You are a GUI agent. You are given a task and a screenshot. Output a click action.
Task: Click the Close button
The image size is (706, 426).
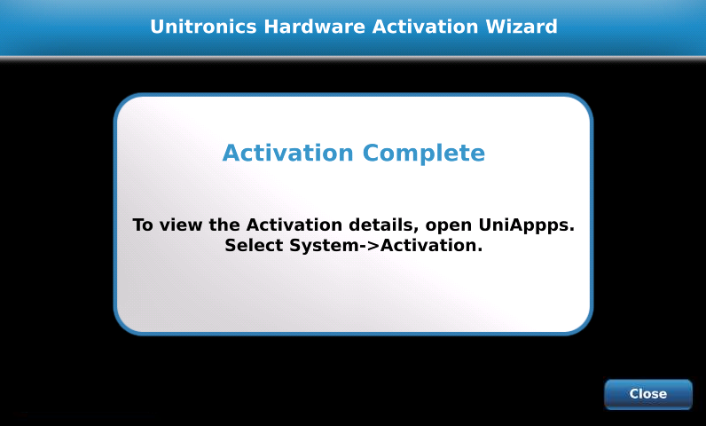[x=648, y=394]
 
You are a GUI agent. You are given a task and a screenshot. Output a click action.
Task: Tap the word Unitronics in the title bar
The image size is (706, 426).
[x=203, y=27]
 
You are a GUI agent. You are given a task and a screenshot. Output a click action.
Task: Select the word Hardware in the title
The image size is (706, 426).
[x=315, y=27]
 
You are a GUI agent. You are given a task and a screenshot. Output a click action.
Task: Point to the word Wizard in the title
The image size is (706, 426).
[x=522, y=27]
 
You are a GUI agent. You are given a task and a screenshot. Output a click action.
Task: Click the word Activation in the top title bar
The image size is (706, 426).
[x=425, y=27]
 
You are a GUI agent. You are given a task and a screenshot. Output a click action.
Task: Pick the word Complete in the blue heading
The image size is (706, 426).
[x=424, y=154]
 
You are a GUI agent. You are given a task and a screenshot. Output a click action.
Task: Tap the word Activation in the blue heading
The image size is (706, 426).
[x=287, y=153]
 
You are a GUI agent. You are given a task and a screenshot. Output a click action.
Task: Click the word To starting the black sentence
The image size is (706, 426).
[x=143, y=225]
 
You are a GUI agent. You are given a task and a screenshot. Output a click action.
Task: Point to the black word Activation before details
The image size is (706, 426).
[x=294, y=225]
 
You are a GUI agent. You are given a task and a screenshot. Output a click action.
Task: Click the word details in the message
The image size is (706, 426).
[x=380, y=225]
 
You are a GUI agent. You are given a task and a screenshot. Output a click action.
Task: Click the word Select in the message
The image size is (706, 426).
[x=255, y=246]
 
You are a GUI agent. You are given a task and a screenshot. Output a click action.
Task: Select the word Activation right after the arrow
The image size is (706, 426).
[x=429, y=246]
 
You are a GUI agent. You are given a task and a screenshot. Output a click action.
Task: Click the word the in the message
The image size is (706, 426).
[x=224, y=225]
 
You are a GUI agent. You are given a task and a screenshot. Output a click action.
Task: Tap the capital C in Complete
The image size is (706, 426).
[x=371, y=153]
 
